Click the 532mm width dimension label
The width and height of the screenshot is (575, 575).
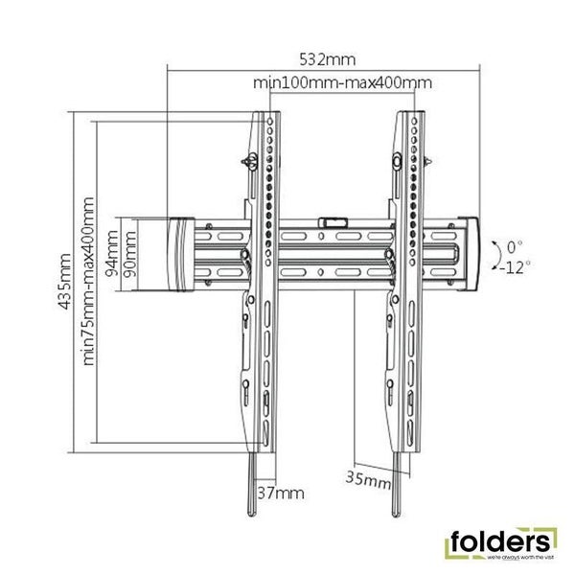[x=323, y=57]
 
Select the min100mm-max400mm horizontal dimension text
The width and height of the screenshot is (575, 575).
[x=342, y=83]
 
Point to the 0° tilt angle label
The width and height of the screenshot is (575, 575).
[x=516, y=244]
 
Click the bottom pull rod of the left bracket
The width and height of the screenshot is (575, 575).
[x=254, y=489]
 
